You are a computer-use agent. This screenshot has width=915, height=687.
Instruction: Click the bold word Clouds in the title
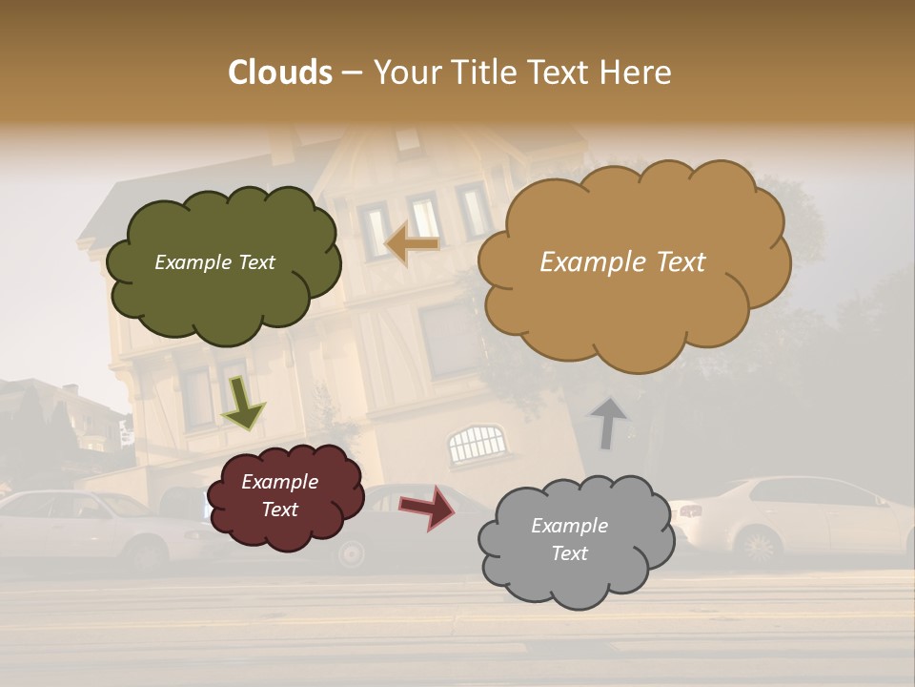tap(280, 73)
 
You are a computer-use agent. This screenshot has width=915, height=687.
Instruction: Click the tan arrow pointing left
tap(413, 243)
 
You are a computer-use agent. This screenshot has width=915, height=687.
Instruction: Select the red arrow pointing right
tap(428, 507)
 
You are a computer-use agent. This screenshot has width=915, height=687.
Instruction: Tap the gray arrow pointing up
tap(608, 423)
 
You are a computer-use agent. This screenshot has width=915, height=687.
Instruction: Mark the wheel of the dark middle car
tap(352, 552)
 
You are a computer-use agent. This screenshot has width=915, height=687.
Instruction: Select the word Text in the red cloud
tap(280, 510)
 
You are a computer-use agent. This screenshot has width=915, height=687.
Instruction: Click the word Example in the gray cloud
tap(569, 526)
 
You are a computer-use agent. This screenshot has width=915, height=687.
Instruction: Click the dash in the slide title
tap(352, 73)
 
